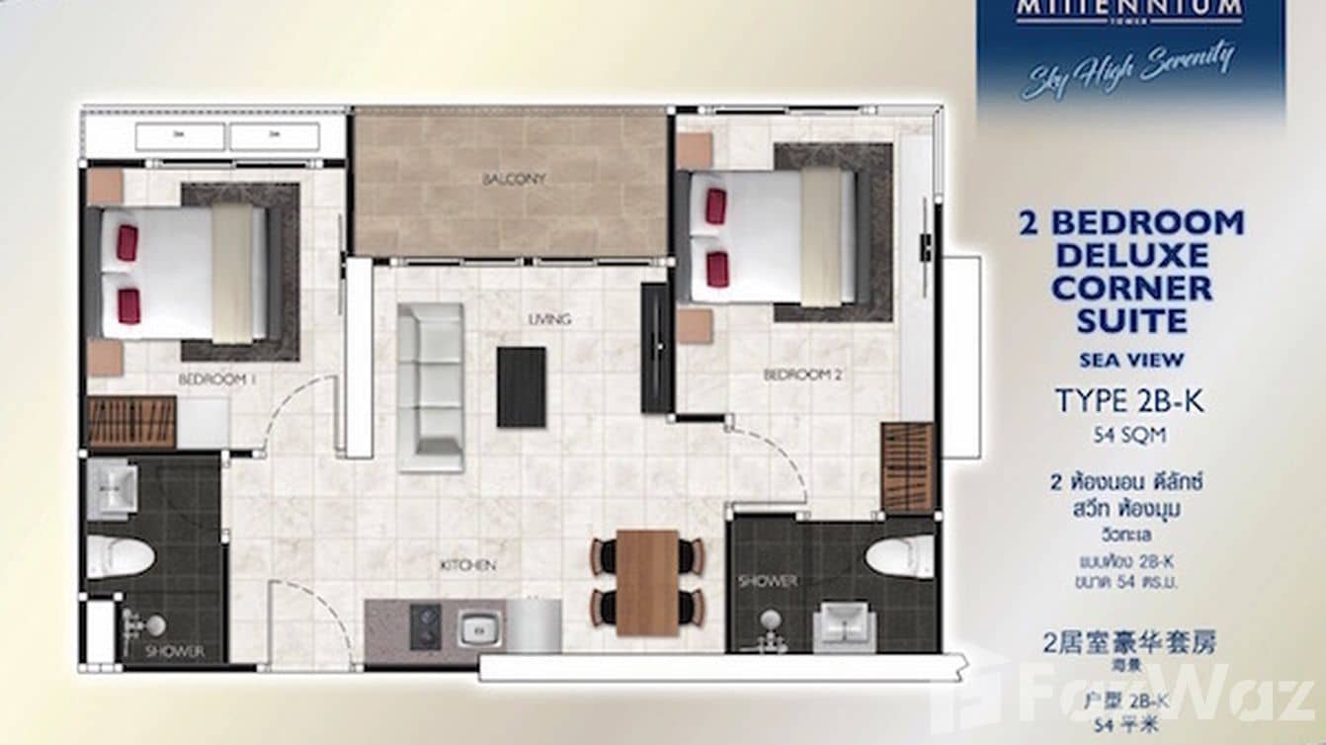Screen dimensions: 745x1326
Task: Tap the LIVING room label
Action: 549,319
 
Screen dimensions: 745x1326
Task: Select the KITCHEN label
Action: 467,565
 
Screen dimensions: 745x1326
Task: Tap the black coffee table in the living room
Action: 521,386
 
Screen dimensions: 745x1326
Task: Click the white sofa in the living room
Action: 431,386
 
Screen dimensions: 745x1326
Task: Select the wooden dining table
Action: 647,582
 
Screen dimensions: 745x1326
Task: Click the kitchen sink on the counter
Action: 480,627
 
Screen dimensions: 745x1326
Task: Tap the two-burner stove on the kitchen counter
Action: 426,626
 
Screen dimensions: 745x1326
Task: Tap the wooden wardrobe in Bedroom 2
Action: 907,467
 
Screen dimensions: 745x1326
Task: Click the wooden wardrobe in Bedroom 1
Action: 131,422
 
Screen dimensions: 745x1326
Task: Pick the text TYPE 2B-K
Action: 1130,401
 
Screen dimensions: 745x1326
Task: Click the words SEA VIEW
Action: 1130,361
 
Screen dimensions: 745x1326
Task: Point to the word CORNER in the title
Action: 1131,289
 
